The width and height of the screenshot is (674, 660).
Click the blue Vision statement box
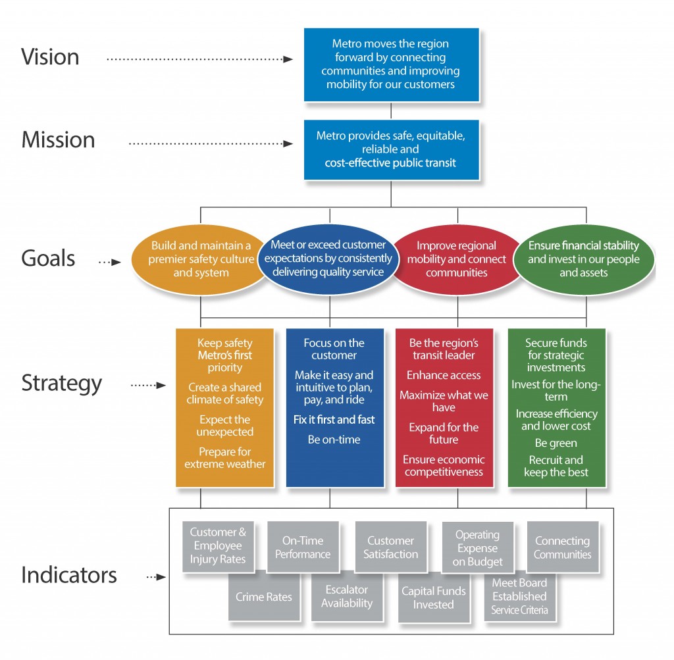(391, 64)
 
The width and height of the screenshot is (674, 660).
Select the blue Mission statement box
(391, 149)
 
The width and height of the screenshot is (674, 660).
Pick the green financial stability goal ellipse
(583, 259)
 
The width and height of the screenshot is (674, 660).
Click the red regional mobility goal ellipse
(457, 260)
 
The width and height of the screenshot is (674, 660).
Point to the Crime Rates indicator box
(264, 597)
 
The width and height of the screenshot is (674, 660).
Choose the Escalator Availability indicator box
(347, 597)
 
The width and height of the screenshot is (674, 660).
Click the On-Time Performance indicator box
(303, 547)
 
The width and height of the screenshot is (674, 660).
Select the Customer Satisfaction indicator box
(390, 547)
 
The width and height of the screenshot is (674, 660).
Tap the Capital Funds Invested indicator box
(434, 597)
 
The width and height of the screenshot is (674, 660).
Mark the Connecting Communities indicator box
(563, 547)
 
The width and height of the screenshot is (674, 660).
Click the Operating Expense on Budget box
(477, 548)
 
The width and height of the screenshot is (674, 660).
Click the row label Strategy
(62, 383)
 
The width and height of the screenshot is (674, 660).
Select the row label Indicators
(69, 574)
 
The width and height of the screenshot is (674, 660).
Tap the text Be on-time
(334, 440)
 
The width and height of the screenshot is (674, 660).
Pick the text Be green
(556, 443)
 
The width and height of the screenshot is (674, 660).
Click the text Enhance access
(444, 375)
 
